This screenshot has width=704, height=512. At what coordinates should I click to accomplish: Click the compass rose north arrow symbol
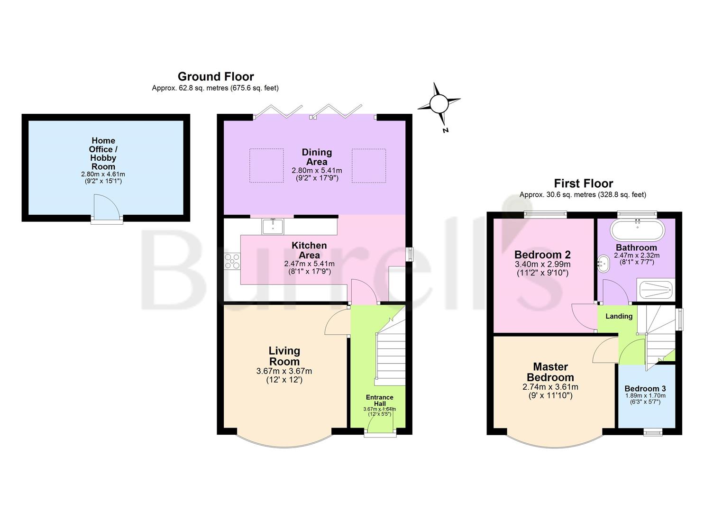point(439,104)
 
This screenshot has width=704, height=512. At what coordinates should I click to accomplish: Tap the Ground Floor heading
point(216,76)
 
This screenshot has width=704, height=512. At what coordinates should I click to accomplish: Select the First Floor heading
point(583,183)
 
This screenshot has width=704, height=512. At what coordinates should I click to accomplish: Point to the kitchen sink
point(272,227)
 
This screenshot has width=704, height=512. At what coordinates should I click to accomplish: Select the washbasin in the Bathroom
point(603,264)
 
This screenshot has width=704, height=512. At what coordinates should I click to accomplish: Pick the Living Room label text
point(284,356)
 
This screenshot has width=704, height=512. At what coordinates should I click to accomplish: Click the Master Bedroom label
point(550,372)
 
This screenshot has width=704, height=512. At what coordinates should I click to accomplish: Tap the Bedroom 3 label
point(645,389)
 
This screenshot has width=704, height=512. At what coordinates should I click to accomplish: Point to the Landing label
point(619,316)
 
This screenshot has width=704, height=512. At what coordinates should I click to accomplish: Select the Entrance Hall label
point(379,401)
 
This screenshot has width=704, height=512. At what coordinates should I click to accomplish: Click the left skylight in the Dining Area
point(266,165)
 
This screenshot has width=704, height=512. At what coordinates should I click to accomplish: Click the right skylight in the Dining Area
point(368,165)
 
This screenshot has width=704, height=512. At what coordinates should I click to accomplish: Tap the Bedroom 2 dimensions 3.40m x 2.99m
point(542,265)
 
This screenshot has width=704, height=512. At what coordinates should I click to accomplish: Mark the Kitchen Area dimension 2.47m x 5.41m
point(309,264)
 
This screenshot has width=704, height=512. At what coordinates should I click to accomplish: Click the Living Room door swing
point(336,322)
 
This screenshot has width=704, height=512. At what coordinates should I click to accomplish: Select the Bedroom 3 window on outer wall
point(653,431)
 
